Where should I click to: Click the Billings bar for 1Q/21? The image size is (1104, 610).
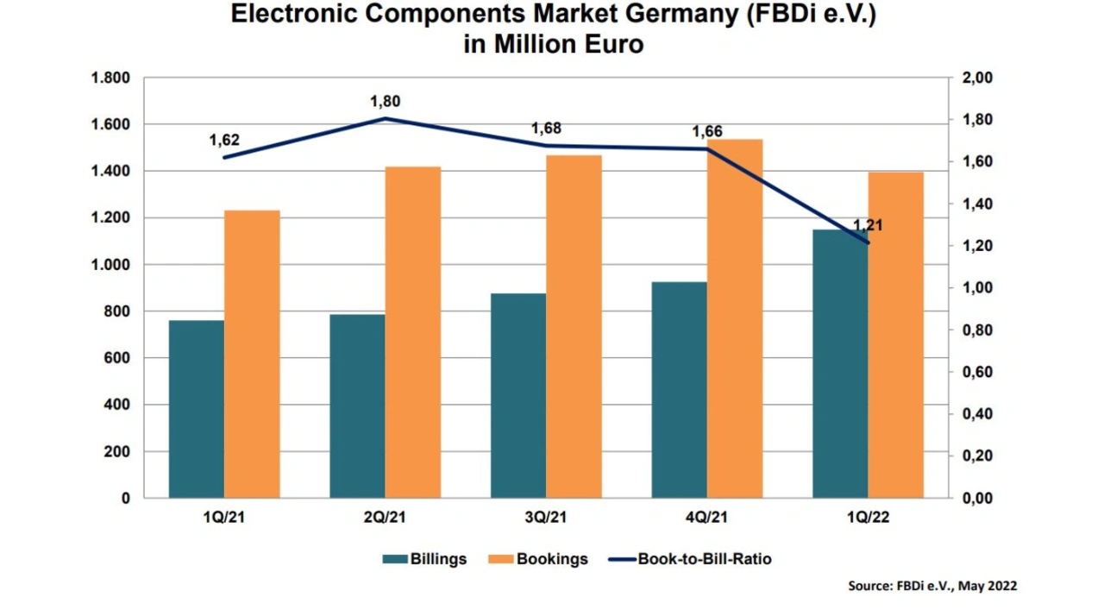pyautogui.click(x=197, y=409)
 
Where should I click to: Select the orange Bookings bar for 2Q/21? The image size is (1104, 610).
pyautogui.click(x=413, y=332)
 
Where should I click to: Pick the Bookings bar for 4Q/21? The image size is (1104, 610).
pyautogui.click(x=735, y=318)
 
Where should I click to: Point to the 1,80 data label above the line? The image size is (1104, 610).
pyautogui.click(x=386, y=102)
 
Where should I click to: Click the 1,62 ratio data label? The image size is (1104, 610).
pyautogui.click(x=224, y=141)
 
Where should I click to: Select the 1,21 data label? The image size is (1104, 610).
pyautogui.click(x=868, y=226)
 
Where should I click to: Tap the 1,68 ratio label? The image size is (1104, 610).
pyautogui.click(x=546, y=129)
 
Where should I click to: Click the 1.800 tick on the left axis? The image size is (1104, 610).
pyautogui.click(x=110, y=79)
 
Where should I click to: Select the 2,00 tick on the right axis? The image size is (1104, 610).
pyautogui.click(x=977, y=79)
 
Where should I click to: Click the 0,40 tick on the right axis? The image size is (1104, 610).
pyautogui.click(x=977, y=414)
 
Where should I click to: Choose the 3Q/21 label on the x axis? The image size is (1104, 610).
pyautogui.click(x=546, y=518)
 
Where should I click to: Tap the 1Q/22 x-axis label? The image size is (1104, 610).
pyautogui.click(x=868, y=518)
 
